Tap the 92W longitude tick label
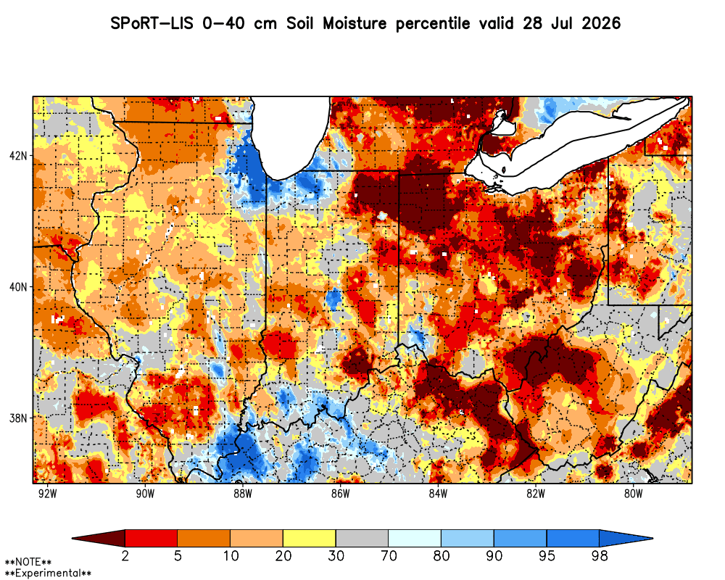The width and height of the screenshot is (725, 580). point(48,494)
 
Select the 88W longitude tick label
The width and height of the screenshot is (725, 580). point(243,494)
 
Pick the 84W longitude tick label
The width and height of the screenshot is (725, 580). point(438,494)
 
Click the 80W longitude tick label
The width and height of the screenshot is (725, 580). point(634,494)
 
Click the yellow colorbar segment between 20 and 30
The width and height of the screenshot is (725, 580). point(310,538)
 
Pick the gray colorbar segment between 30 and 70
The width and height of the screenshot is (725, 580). point(362,538)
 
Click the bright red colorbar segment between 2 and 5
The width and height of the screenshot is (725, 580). point(152,538)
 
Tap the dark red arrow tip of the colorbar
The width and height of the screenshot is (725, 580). point(72,538)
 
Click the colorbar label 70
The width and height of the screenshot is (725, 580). point(389,555)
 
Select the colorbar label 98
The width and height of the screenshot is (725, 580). point(600,555)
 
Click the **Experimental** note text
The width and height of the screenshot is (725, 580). point(48,573)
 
